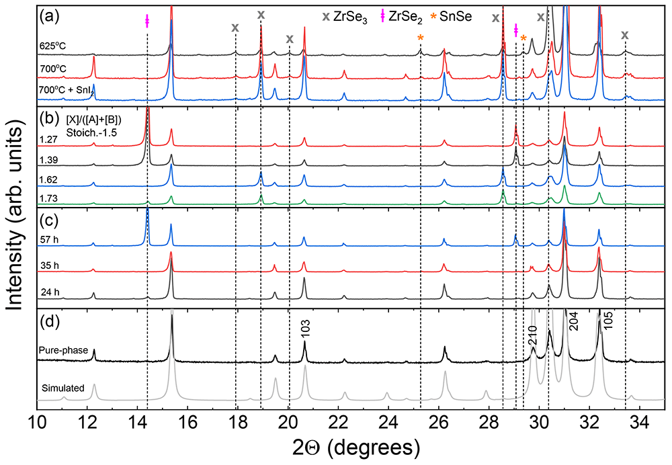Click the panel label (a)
pyautogui.click(x=49, y=17)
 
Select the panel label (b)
pyautogui.click(x=49, y=118)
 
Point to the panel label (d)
pyautogui.click(x=49, y=321)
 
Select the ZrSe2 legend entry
pyautogui.click(x=402, y=17)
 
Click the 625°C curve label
pyautogui.click(x=52, y=46)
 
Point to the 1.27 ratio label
pyautogui.click(x=48, y=140)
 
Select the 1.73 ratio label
pyautogui.click(x=48, y=198)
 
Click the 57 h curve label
pyautogui.click(x=50, y=240)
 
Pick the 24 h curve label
pyautogui.click(x=50, y=292)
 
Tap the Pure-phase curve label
pyautogui.click(x=63, y=350)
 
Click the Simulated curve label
pyautogui.click(x=63, y=388)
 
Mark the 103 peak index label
pyautogui.click(x=305, y=329)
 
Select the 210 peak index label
pyautogui.click(x=532, y=335)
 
